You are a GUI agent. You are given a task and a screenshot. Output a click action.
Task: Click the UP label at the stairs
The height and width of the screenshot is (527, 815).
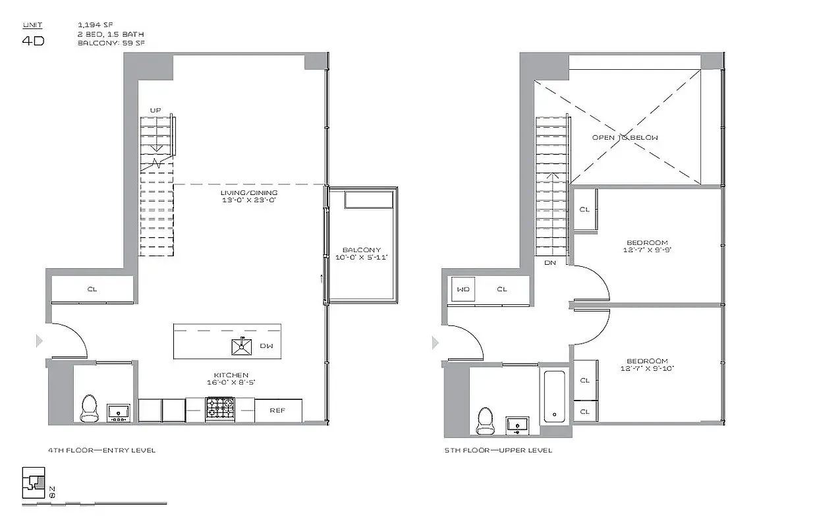(x=156, y=110)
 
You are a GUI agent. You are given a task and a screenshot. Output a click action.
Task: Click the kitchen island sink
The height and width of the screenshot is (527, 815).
(x=241, y=346)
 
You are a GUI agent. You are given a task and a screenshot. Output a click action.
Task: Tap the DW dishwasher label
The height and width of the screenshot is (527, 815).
(x=266, y=345)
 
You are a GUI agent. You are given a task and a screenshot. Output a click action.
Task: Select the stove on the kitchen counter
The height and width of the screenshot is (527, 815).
(x=220, y=408)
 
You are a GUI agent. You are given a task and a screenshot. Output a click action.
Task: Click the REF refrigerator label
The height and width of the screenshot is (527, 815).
(x=278, y=410)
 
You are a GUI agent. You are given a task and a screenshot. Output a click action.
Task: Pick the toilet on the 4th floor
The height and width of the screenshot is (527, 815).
(x=89, y=408)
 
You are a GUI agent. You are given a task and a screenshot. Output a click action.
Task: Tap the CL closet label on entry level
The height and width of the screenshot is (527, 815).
(x=92, y=289)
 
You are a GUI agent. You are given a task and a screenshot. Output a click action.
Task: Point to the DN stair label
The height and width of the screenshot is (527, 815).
(x=549, y=263)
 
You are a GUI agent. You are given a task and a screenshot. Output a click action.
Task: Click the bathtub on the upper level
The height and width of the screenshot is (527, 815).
(x=554, y=397)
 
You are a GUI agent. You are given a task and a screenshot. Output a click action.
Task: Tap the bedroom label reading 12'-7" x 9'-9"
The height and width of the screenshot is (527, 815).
(x=647, y=246)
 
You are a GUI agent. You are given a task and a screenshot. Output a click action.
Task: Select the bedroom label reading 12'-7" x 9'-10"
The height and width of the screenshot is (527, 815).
(x=647, y=364)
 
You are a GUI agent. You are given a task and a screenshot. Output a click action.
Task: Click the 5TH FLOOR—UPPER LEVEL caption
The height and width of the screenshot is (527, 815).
(x=498, y=451)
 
